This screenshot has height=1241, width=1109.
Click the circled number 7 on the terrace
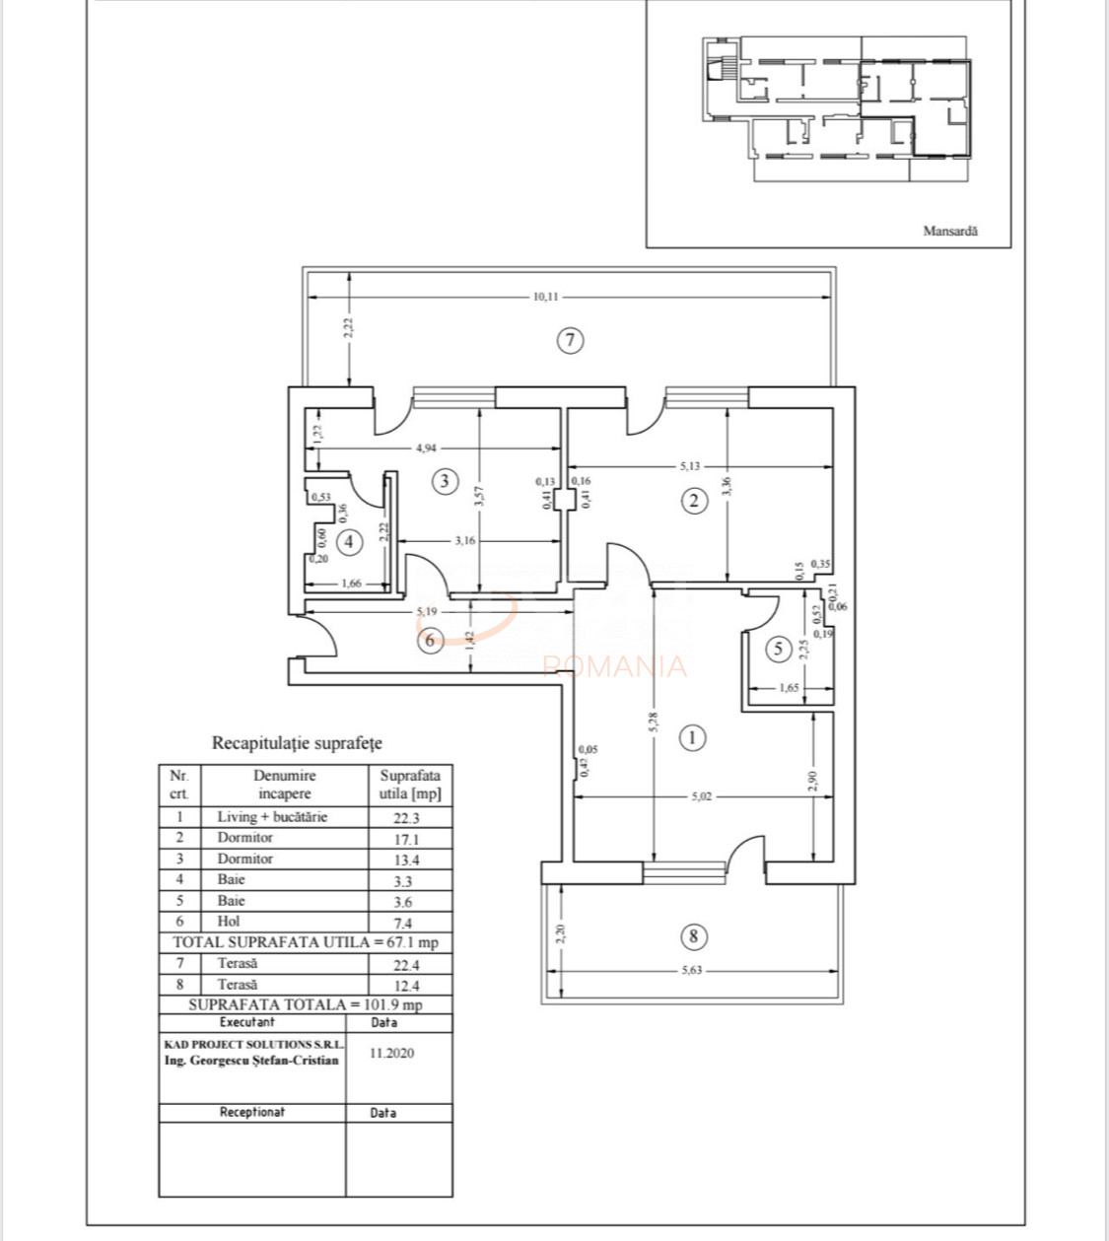(570, 341)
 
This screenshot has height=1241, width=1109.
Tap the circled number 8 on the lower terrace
(693, 935)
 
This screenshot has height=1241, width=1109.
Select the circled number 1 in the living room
(692, 737)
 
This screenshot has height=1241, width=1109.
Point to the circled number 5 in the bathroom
(779, 649)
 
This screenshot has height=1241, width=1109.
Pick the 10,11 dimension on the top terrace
(545, 296)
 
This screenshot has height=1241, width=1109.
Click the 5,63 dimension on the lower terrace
(694, 970)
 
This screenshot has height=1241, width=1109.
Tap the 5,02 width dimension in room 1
(700, 796)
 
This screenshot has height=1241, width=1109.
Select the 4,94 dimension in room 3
(426, 448)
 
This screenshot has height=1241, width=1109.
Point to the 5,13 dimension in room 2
(690, 465)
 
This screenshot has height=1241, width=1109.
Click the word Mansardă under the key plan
(950, 231)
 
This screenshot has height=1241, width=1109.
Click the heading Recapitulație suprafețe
(297, 743)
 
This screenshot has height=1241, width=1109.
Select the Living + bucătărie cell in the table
(272, 816)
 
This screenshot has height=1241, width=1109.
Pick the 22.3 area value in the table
(406, 818)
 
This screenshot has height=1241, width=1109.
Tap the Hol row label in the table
(229, 922)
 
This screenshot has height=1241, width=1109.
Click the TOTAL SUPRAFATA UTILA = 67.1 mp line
(306, 942)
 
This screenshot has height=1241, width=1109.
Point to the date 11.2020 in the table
(391, 1053)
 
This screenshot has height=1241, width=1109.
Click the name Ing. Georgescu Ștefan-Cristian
(251, 1061)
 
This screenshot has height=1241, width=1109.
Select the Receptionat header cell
(252, 1112)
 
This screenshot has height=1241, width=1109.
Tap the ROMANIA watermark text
(614, 667)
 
